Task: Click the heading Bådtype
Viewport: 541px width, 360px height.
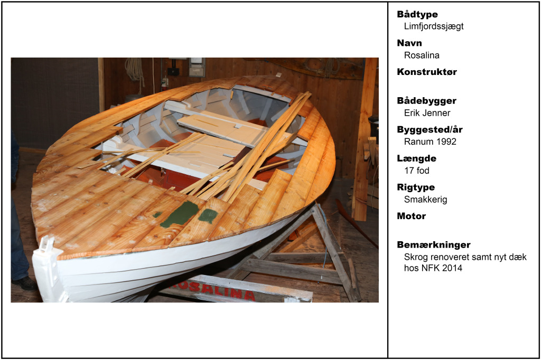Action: (x=417, y=14)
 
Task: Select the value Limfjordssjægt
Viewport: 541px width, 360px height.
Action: (x=434, y=26)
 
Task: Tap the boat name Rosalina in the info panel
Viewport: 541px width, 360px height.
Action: (x=422, y=55)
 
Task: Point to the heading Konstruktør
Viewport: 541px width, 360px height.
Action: (x=427, y=72)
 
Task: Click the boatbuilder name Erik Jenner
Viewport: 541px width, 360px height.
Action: (x=427, y=113)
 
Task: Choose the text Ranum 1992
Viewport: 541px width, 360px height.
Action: (x=430, y=141)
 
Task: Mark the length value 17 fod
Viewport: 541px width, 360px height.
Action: (x=417, y=170)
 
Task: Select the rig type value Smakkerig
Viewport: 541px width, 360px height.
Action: (x=425, y=200)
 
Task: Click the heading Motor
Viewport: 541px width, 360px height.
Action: (x=411, y=216)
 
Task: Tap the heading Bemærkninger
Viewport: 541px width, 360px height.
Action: (x=434, y=245)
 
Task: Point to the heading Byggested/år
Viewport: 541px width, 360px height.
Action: (x=430, y=130)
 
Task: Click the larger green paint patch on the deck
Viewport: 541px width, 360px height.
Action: (x=180, y=214)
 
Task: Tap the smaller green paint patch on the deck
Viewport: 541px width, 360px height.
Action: (x=208, y=215)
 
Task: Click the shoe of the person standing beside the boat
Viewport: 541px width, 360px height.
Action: (x=24, y=283)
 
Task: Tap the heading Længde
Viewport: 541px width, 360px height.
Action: (x=416, y=158)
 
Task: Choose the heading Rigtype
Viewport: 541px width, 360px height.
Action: (x=416, y=187)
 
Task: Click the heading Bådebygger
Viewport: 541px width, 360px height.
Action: (x=426, y=101)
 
